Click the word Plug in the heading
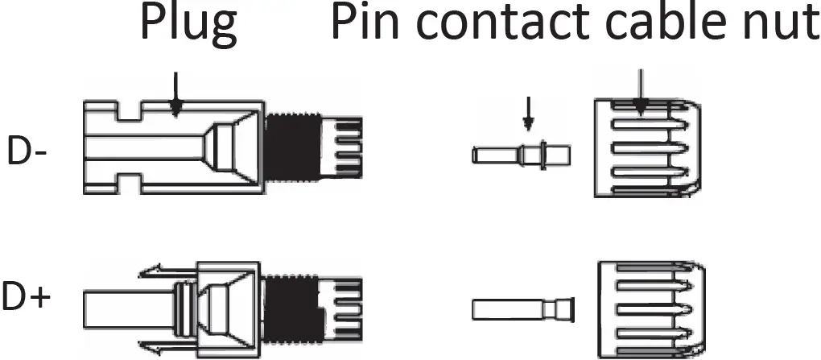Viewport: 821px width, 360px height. pos(188,24)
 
